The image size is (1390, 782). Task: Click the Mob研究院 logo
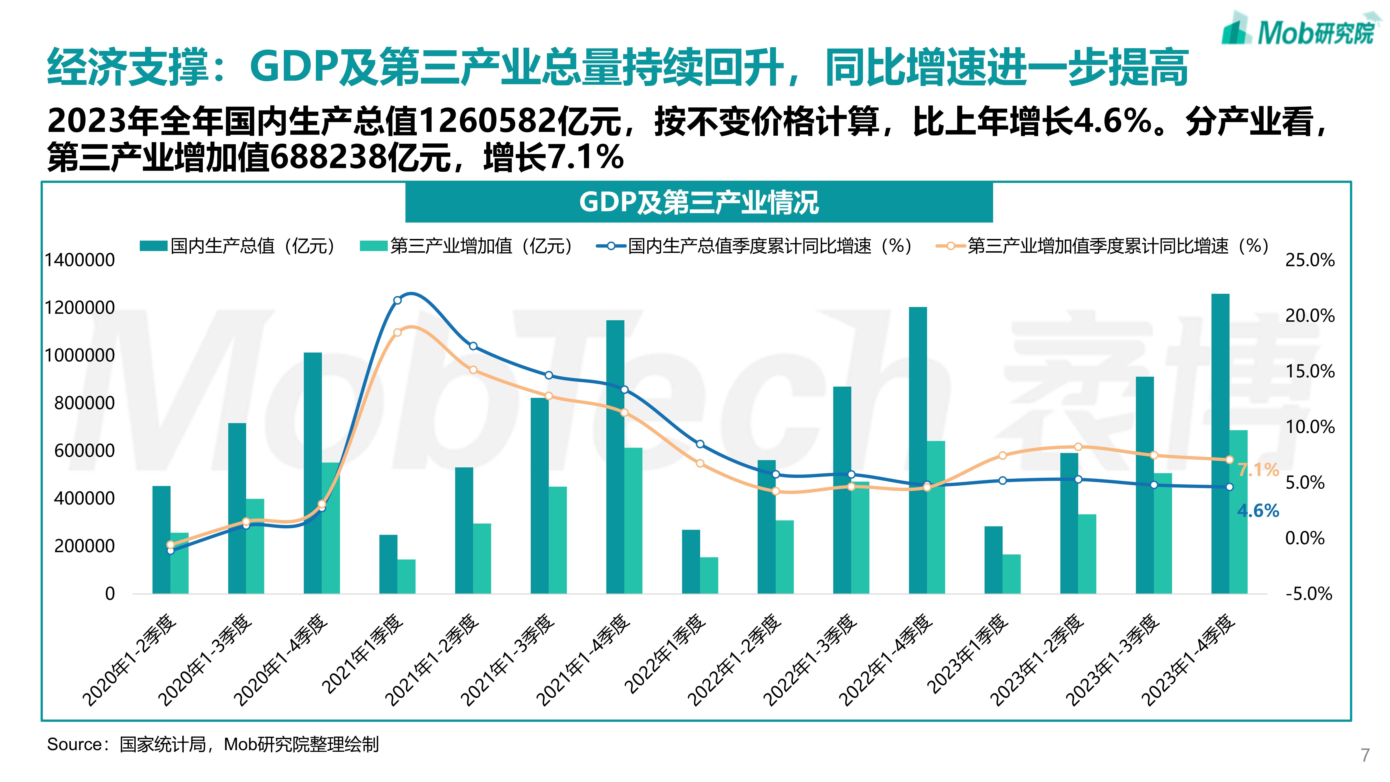pyautogui.click(x=1298, y=31)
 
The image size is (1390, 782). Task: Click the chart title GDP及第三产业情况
pyautogui.click(x=699, y=203)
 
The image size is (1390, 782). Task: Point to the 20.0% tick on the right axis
pyautogui.click(x=1310, y=316)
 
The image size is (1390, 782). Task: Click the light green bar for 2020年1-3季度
pyautogui.click(x=255, y=545)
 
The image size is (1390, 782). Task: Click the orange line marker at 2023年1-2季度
pyautogui.click(x=1078, y=447)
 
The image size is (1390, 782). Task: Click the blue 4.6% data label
pyautogui.click(x=1258, y=510)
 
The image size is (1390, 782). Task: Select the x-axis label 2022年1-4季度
pyautogui.click(x=885, y=661)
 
